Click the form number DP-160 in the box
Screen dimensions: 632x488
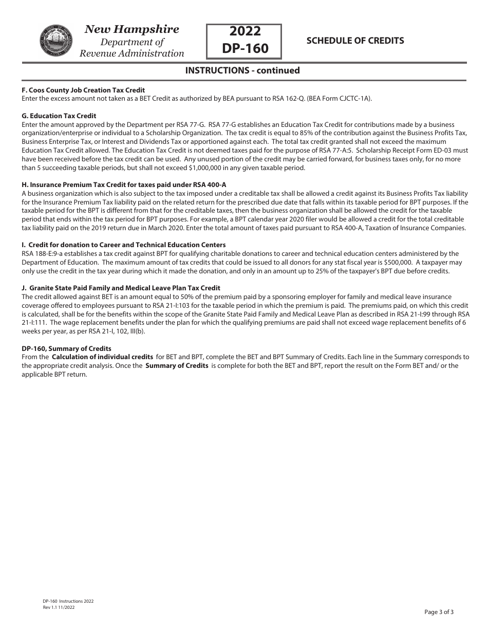tap(245, 48)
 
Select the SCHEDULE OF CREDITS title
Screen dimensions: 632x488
tap(355, 41)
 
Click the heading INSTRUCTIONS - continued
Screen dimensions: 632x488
tap(242, 71)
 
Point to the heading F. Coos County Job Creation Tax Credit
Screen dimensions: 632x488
tap(83, 90)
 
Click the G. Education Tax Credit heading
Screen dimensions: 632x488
tap(59, 116)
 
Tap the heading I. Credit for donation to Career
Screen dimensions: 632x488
tap(123, 245)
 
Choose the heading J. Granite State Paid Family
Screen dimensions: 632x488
tap(121, 288)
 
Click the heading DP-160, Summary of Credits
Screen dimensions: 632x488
tap(66, 348)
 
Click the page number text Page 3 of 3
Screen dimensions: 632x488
tap(439, 612)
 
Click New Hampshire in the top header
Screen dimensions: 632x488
tap(132, 29)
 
